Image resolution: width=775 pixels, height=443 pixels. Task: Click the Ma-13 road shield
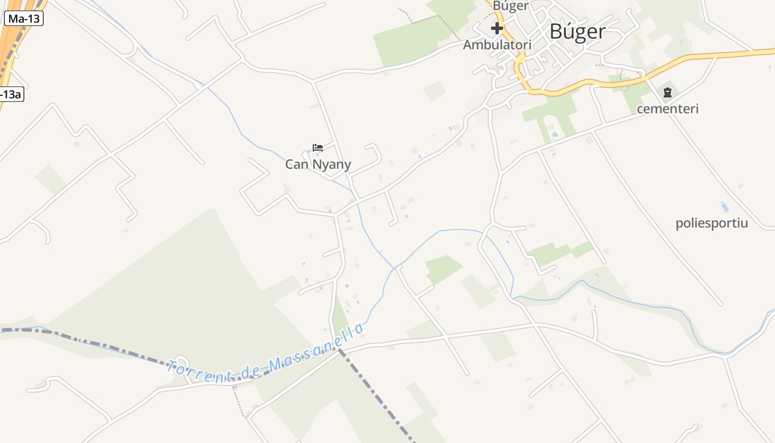coord(24,18)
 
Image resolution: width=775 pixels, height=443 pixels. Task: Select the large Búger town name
coord(577,32)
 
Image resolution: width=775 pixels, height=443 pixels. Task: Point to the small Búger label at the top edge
coord(510,6)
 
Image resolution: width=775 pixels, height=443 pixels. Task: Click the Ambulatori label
coord(497,45)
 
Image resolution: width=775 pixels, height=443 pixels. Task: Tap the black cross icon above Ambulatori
coord(497,28)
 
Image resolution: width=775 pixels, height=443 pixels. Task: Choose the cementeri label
coord(668,109)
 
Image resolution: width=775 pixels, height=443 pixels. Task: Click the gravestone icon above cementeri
coord(668,92)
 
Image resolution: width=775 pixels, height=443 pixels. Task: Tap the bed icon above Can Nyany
coord(318,148)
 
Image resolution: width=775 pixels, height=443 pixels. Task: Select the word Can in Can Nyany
coord(297,164)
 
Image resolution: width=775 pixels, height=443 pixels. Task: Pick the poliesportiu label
coord(711,224)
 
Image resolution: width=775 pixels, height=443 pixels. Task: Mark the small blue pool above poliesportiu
coord(725,207)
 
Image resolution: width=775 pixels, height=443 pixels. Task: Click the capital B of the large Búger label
coord(556,32)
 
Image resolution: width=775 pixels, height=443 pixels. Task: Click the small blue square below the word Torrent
coord(235,386)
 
